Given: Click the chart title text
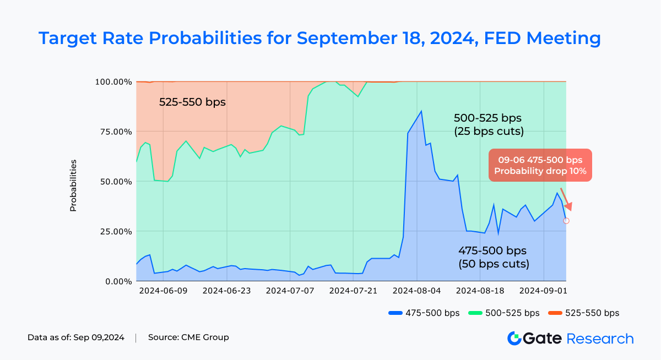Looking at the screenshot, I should pyautogui.click(x=319, y=38).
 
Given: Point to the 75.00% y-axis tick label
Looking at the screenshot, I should pyautogui.click(x=111, y=132).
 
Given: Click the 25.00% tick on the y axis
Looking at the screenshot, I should pyautogui.click(x=111, y=231).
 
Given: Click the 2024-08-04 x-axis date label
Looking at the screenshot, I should pyautogui.click(x=417, y=291).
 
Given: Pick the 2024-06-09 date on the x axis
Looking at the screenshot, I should pyautogui.click(x=164, y=291).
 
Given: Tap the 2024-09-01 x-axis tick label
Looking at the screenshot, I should pyautogui.click(x=544, y=291).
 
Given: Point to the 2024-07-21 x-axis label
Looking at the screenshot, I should pyautogui.click(x=354, y=291).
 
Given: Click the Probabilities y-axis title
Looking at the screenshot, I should pyautogui.click(x=73, y=186).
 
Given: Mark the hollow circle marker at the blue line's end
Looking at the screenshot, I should pyautogui.click(x=566, y=221).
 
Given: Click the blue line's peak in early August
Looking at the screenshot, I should pyautogui.click(x=421, y=111).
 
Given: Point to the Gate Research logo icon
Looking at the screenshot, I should pyautogui.click(x=514, y=338).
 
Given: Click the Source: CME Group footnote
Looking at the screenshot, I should pyautogui.click(x=188, y=337).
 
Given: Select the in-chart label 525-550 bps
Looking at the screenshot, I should pyautogui.click(x=192, y=102).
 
